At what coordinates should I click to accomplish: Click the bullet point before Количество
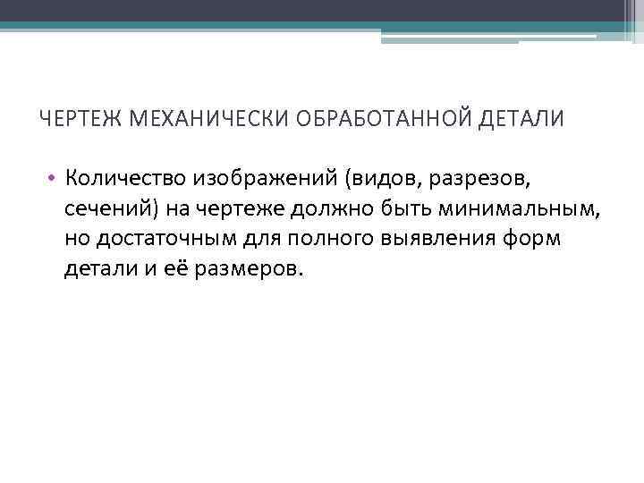point(54,178)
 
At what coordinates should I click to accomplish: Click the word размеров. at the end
point(241,269)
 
